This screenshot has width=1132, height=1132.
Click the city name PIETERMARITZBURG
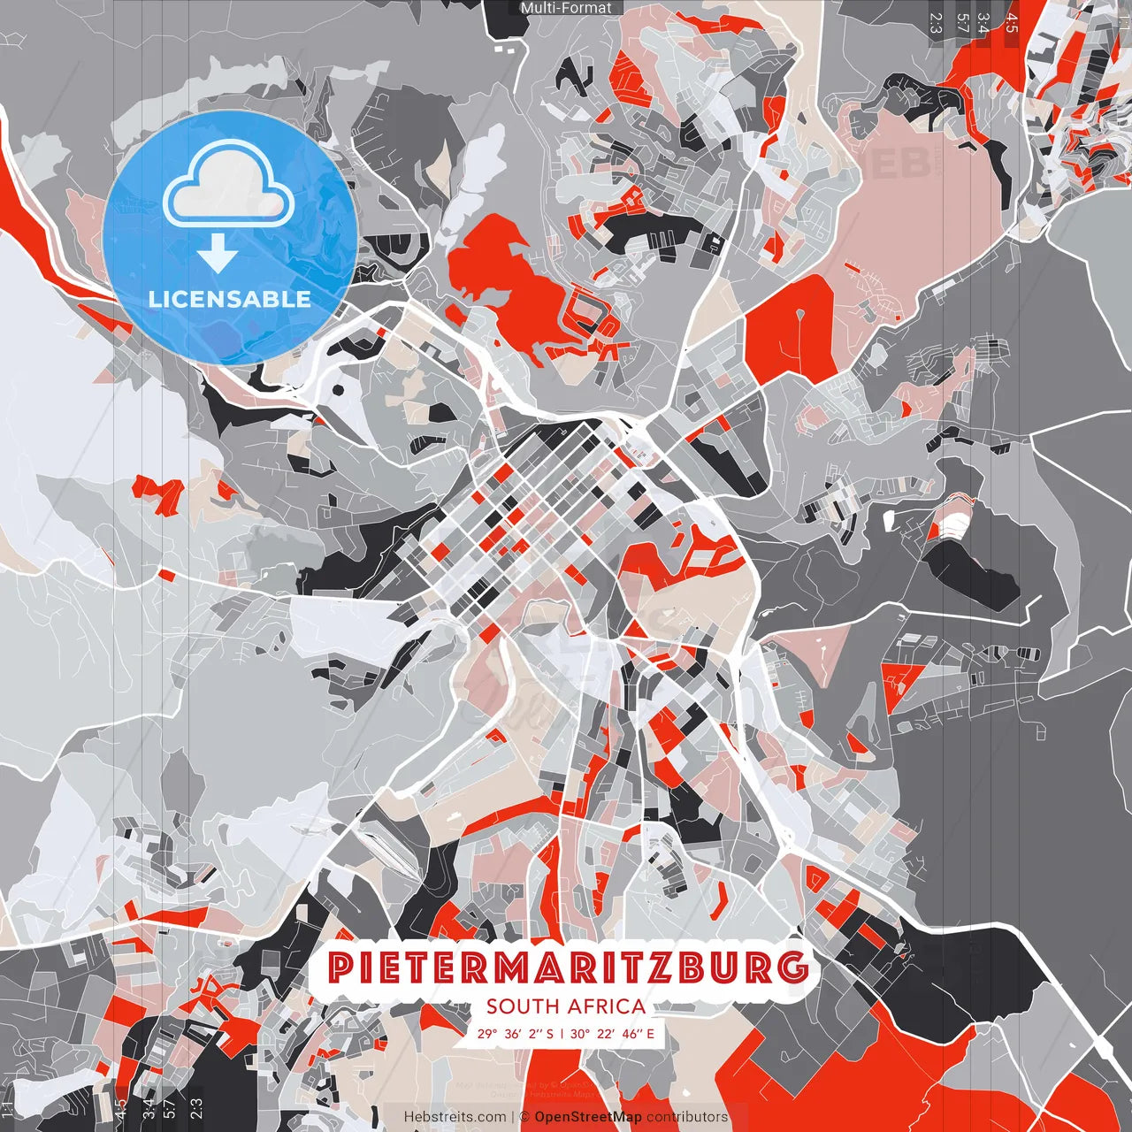click(568, 968)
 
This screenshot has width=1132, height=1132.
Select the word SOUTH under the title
click(522, 1006)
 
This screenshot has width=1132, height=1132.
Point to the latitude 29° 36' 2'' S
click(516, 1033)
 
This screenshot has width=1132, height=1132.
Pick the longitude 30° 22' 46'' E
click(613, 1033)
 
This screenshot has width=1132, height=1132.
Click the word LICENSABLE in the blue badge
click(230, 299)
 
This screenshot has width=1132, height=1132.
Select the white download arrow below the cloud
click(218, 255)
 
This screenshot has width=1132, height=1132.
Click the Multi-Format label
click(566, 8)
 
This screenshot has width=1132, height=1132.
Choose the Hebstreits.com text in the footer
click(455, 1117)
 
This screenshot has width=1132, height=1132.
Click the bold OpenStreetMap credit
click(588, 1117)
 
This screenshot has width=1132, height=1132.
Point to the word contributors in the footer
click(687, 1117)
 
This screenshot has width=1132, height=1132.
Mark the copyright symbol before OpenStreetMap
click(524, 1117)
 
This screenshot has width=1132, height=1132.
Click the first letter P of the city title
click(340, 968)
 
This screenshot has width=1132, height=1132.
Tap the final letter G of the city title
click(794, 968)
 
